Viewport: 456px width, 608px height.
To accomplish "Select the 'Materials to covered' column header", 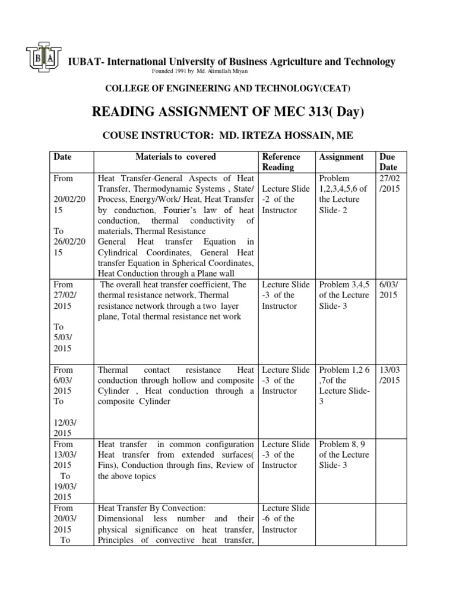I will click(176, 157).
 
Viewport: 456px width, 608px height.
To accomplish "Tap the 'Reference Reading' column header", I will click(281, 161).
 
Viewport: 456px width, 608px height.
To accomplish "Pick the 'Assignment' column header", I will click(341, 157).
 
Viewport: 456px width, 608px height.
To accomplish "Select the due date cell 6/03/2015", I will click(389, 290).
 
